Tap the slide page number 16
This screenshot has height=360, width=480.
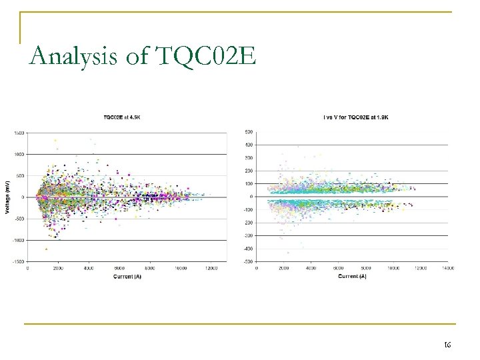pos(448,345)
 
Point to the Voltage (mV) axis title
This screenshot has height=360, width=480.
pos(7,196)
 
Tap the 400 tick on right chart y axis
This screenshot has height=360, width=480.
pos(249,145)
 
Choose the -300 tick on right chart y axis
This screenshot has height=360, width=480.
pos(247,235)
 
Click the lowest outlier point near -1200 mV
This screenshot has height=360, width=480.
pos(46,249)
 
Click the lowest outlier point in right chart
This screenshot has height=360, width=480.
pos(288,253)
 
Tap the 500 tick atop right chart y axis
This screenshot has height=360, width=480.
pos(249,132)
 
